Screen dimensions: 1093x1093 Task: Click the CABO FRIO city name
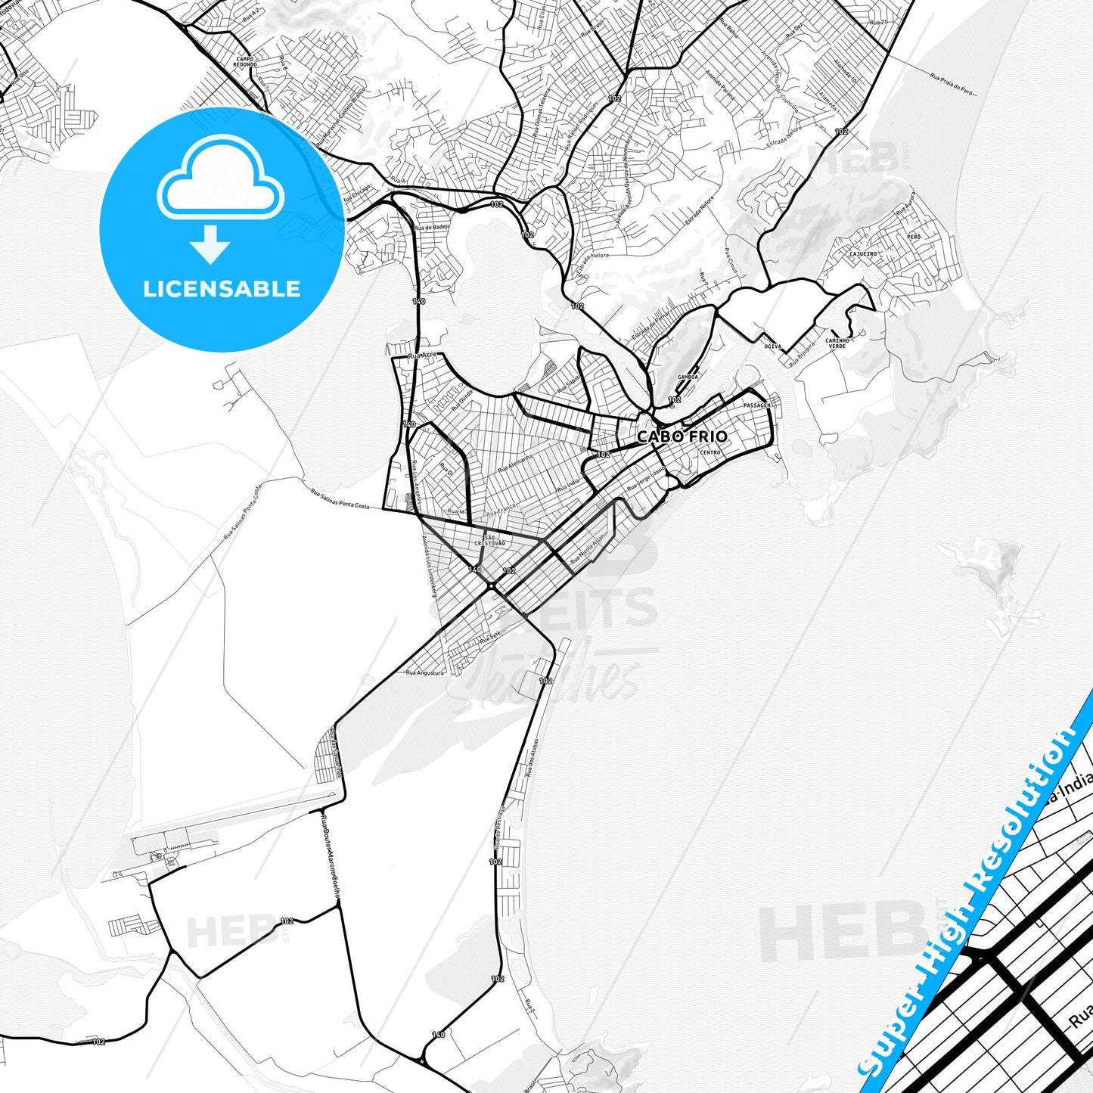(x=682, y=436)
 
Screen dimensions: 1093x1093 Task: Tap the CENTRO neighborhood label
(x=710, y=452)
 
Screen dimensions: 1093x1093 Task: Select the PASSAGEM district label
(x=757, y=405)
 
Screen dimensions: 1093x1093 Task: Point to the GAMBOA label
(x=688, y=376)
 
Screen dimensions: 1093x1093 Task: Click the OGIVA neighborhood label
(x=773, y=346)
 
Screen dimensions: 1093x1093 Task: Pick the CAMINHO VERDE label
(x=837, y=343)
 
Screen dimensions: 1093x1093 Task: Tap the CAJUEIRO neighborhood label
(x=863, y=254)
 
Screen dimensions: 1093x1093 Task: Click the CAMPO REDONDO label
(x=246, y=61)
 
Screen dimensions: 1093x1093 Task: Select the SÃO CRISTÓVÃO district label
(x=489, y=540)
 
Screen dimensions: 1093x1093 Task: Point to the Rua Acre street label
(x=421, y=355)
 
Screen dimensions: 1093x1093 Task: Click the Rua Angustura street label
(x=425, y=672)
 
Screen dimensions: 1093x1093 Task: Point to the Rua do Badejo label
(x=432, y=226)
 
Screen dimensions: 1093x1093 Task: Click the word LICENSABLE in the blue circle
(x=222, y=289)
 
